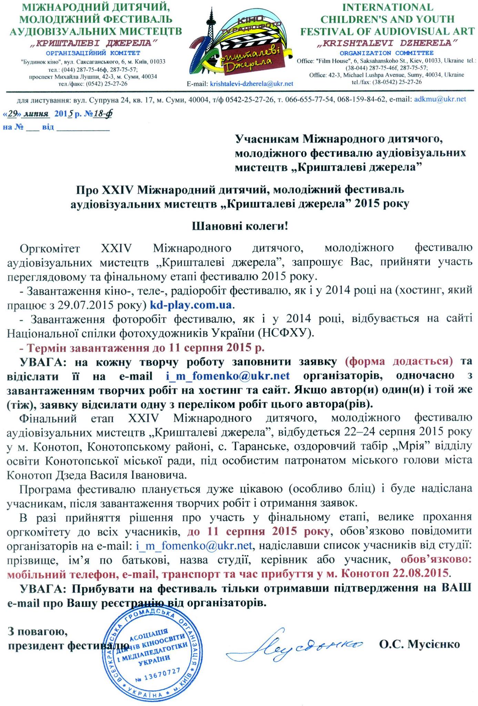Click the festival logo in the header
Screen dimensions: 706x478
pyautogui.click(x=240, y=41)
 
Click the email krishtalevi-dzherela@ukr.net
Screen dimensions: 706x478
pyautogui.click(x=252, y=84)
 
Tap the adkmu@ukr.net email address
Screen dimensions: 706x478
pyautogui.click(x=440, y=99)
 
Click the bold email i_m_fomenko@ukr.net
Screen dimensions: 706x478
pyautogui.click(x=228, y=375)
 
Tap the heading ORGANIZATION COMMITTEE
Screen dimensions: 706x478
pyautogui.click(x=387, y=53)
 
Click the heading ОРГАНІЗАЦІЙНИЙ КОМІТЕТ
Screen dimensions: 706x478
pyautogui.click(x=93, y=53)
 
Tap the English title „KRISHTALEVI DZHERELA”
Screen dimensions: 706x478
pyautogui.click(x=387, y=43)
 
